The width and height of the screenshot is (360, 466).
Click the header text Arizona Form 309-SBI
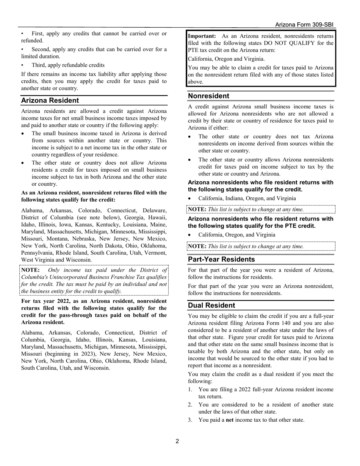[304, 25]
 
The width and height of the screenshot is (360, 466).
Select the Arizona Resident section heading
[50, 100]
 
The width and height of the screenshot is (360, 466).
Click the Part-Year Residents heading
[221, 260]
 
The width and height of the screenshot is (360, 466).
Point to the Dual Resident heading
[211, 305]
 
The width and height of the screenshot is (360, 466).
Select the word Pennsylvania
[38, 253]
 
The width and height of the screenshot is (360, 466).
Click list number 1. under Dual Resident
[191, 389]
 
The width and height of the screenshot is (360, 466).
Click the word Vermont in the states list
[157, 253]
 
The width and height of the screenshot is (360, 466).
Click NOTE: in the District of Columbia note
[30, 270]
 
